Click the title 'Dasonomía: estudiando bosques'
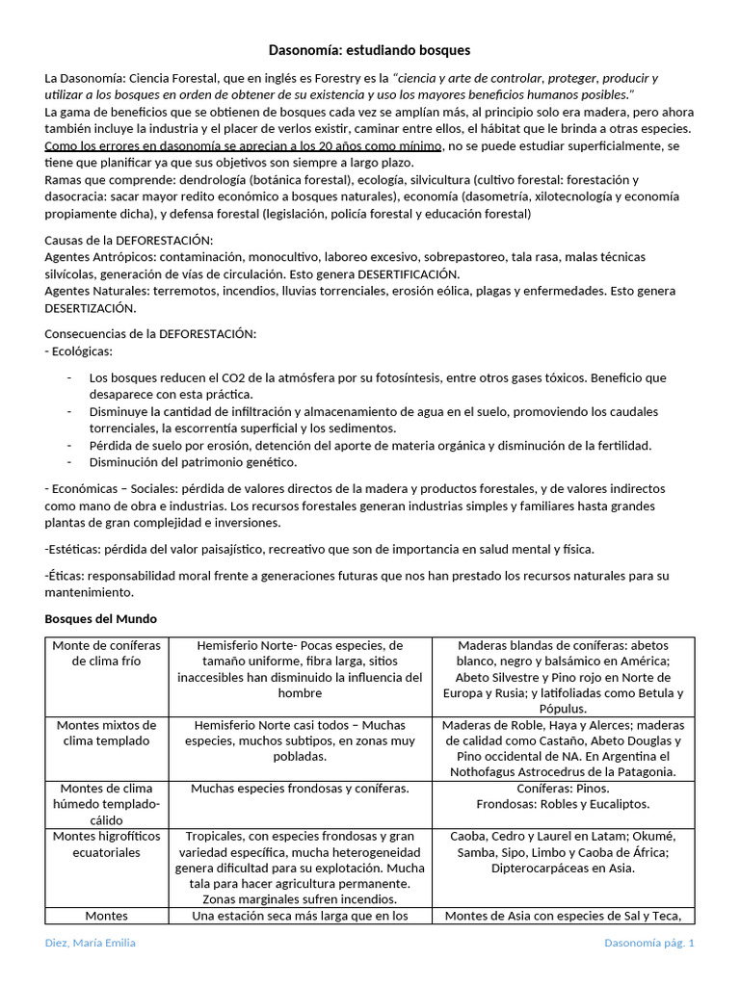[x=369, y=49]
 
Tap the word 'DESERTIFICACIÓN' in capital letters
[x=398, y=273]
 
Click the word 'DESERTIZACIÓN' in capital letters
[x=91, y=308]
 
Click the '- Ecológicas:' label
[x=79, y=350]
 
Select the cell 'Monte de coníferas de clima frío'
[x=106, y=653]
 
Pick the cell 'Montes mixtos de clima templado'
[x=106, y=733]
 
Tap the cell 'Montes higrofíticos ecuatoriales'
[x=106, y=844]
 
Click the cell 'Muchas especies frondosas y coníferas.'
[x=300, y=789]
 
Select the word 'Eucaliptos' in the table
[x=617, y=804]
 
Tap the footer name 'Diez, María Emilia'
[x=91, y=943]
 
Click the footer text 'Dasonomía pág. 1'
[x=648, y=943]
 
